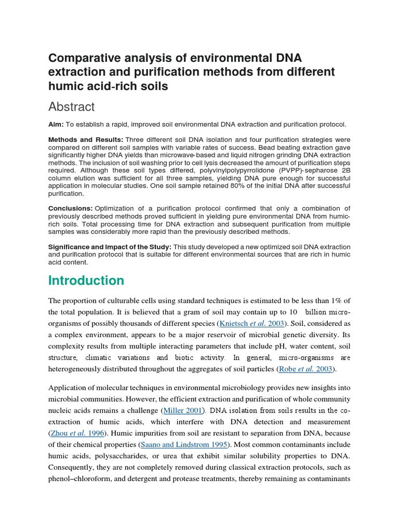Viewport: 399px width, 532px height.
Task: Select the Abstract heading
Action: [72, 107]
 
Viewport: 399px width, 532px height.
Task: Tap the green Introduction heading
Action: [86, 281]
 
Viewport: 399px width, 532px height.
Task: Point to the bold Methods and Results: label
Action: [85, 140]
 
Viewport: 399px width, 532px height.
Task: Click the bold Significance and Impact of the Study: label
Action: [110, 246]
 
